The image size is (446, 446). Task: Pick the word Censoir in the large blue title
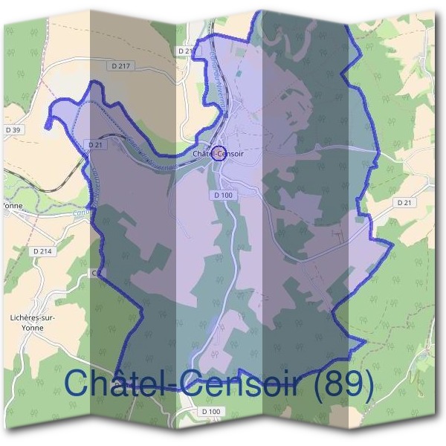click(x=237, y=384)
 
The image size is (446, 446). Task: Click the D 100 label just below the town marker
click(x=223, y=195)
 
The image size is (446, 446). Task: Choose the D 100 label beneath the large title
click(x=211, y=411)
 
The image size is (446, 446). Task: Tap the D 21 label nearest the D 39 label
click(x=94, y=144)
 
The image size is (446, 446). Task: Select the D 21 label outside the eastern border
click(x=404, y=202)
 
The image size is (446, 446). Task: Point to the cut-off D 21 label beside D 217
click(x=186, y=51)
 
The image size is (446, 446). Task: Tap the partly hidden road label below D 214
click(x=95, y=274)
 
